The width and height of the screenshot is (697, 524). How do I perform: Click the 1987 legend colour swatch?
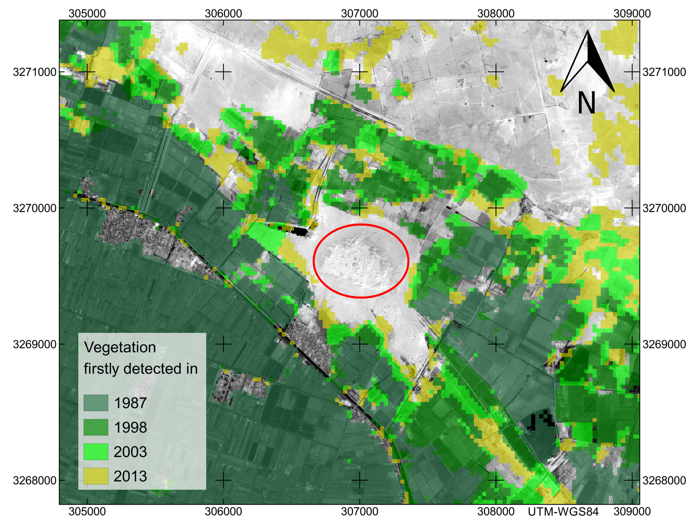tap(96, 403)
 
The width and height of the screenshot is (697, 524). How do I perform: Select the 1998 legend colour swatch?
tap(96, 427)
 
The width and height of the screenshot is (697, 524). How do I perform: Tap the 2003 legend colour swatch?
tap(96, 451)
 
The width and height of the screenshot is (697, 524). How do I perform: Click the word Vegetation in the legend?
tap(120, 348)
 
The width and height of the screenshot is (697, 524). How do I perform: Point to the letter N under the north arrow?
tap(586, 103)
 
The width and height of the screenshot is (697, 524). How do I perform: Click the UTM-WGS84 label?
tap(563, 512)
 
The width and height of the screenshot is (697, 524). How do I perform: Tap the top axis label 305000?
tap(87, 13)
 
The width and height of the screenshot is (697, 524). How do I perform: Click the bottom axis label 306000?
tap(223, 512)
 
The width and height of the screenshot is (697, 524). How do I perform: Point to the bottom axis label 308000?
tap(496, 512)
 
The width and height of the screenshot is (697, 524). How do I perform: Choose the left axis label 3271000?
tap(35, 72)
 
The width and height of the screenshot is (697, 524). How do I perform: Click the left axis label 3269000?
tap(35, 344)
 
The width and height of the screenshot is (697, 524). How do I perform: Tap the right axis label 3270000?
tap(664, 208)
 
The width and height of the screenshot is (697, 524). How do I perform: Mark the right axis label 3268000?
tap(664, 480)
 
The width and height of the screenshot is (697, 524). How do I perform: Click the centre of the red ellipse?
tap(361, 261)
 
